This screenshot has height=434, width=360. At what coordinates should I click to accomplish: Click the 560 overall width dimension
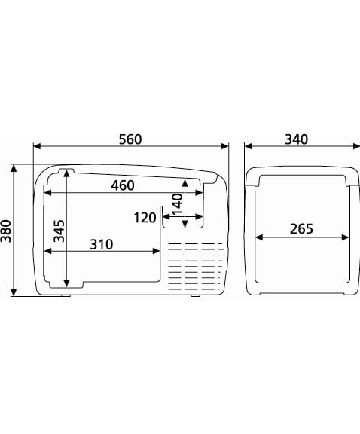(130, 139)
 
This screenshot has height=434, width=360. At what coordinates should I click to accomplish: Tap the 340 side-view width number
(296, 139)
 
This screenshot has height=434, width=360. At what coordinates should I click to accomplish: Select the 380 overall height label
(6, 231)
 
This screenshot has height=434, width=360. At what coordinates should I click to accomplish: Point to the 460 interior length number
(123, 185)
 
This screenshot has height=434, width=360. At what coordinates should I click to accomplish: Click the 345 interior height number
(59, 231)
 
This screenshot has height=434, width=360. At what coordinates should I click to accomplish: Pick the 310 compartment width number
(102, 244)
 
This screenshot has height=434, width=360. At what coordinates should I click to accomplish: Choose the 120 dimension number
(145, 218)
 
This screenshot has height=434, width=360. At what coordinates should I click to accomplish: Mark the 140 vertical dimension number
(178, 204)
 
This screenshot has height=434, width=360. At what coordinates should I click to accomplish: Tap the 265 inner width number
(301, 229)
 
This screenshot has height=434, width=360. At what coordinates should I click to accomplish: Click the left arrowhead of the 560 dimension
(37, 146)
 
